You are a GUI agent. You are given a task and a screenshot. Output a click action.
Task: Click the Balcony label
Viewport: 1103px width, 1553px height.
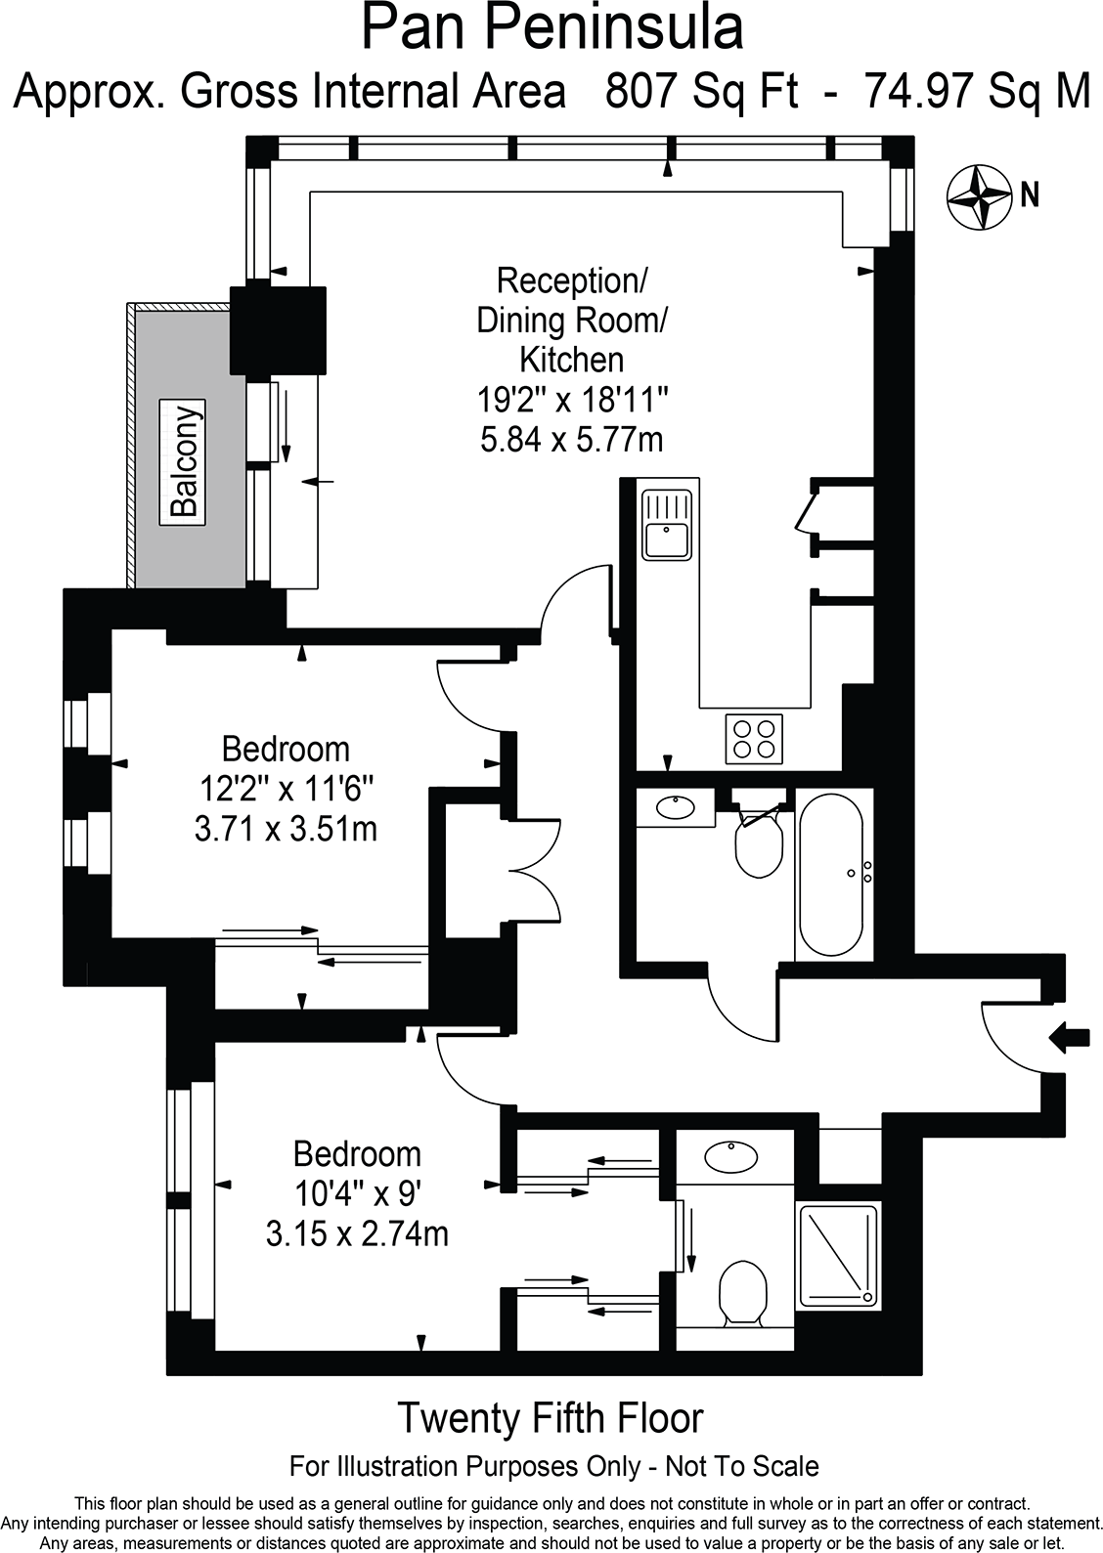(x=185, y=459)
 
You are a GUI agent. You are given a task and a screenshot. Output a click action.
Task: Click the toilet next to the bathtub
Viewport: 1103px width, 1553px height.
(x=758, y=843)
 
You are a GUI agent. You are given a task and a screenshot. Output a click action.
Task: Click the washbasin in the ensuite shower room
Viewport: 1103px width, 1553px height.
(x=731, y=1157)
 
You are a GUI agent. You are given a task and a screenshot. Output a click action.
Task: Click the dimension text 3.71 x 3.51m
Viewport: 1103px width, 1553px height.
(x=286, y=830)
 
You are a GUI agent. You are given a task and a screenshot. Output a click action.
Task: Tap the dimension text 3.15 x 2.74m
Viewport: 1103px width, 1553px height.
(x=357, y=1234)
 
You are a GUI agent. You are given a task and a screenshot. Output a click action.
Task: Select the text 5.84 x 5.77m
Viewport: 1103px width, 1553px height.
(x=571, y=440)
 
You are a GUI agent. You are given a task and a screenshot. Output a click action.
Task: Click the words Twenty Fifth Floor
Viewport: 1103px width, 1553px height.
(x=551, y=1417)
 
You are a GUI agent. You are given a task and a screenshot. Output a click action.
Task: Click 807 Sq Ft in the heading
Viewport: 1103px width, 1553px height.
(x=700, y=92)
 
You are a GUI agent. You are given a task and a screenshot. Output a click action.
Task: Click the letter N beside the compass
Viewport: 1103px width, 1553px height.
(x=1029, y=195)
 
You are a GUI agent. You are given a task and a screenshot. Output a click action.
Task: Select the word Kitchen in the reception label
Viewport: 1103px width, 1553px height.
(x=571, y=360)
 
